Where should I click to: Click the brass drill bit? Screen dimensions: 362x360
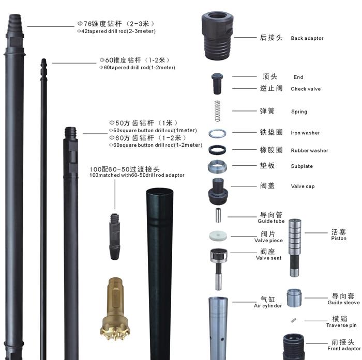point(115,309)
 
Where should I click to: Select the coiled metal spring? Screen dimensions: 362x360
point(217,111)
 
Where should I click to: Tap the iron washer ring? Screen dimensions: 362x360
point(217,134)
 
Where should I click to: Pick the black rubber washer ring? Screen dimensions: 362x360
point(217,150)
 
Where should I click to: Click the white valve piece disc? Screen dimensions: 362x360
point(218,236)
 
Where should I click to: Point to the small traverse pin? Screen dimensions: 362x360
point(294,320)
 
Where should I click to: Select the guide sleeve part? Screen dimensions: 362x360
point(294,298)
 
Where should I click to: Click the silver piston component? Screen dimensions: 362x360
point(295,248)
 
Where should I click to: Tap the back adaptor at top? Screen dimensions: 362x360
point(217,36)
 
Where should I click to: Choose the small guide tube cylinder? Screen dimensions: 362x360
point(218,215)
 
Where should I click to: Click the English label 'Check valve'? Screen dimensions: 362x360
point(306,89)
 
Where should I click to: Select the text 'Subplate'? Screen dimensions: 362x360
point(301,166)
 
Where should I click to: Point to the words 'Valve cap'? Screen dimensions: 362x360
point(303,186)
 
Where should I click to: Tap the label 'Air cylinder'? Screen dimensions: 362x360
point(268,306)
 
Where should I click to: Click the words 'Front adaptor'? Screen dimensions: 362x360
point(344,349)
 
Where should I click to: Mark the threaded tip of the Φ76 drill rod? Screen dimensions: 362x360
point(15,24)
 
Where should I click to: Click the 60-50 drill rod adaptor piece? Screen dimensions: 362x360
point(114,237)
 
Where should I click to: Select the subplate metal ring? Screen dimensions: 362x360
point(217,166)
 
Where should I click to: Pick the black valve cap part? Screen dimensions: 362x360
point(218,191)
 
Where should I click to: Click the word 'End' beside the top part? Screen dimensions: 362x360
point(298,77)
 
